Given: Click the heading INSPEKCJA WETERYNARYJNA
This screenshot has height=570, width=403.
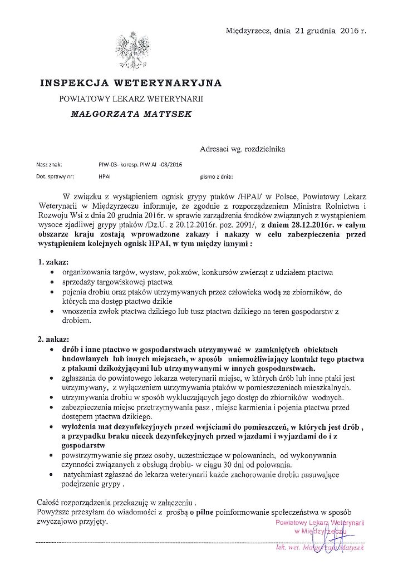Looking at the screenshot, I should coord(131,83).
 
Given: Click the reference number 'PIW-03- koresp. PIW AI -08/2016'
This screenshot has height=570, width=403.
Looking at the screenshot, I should coord(139,165).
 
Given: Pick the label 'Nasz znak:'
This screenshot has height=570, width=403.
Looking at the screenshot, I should coord(49,165).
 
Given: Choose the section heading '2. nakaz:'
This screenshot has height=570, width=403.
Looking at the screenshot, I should coord(53,338).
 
